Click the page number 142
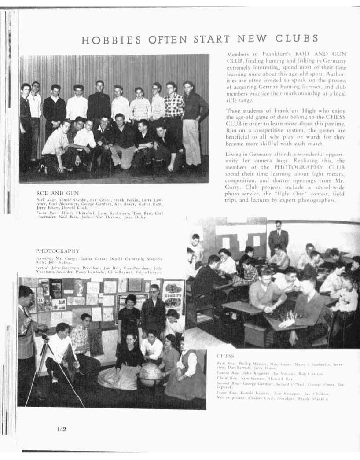point(61,429)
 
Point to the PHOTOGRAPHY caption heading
point(58,250)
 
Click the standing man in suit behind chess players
point(278,236)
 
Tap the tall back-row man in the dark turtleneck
point(99,103)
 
